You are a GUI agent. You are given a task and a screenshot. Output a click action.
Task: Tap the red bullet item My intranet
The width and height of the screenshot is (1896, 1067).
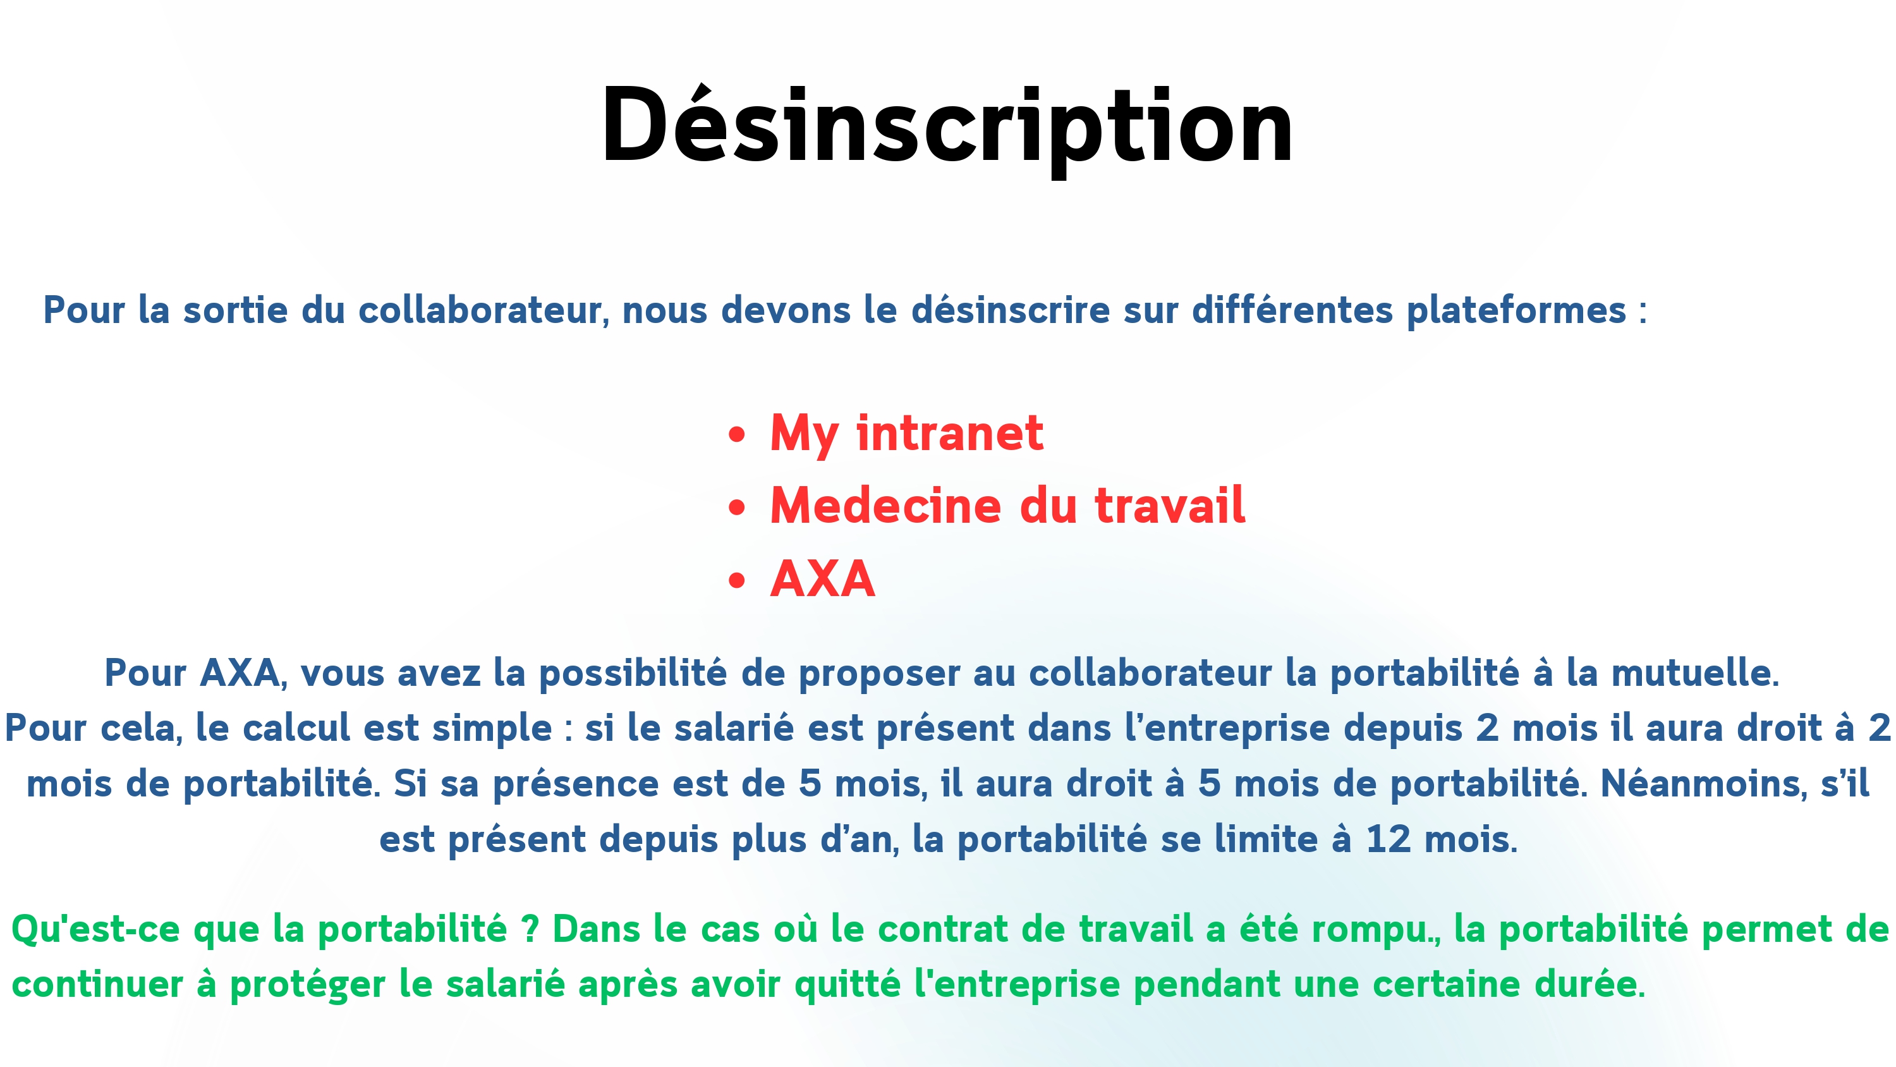[906, 434]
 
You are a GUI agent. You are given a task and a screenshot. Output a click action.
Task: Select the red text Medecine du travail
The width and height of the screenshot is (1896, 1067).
[1007, 506]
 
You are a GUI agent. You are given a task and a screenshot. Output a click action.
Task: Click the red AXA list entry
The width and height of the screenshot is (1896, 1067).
[822, 579]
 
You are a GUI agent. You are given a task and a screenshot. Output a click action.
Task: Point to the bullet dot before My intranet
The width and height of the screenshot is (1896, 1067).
[736, 434]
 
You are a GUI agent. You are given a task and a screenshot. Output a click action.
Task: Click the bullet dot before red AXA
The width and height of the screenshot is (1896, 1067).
[736, 580]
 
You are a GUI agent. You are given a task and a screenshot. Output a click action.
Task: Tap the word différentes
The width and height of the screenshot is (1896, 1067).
[1292, 309]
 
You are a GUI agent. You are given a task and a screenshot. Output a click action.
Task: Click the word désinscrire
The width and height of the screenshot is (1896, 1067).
[1011, 309]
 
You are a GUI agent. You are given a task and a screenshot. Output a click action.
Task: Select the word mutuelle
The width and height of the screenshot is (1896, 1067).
[1694, 673]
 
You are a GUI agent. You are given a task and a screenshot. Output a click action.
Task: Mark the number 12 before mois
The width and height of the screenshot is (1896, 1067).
[1388, 839]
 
